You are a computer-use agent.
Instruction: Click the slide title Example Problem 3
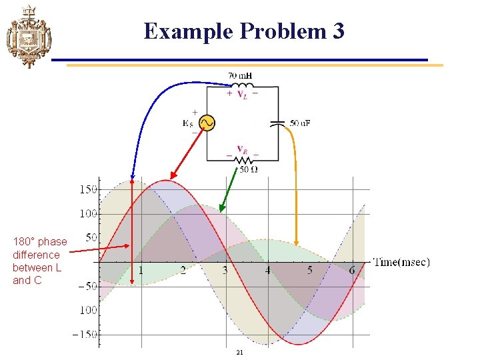pos(244,31)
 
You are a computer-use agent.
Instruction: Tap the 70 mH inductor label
pos(241,76)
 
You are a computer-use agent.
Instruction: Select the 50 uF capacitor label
pos(303,123)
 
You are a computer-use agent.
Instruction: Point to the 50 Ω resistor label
pos(248,169)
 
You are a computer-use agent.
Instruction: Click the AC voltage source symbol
pos(207,123)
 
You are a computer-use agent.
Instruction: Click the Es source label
pos(189,123)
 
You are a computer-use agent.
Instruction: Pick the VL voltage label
pos(241,94)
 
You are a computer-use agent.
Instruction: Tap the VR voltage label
pos(241,150)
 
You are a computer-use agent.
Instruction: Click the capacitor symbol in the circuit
pos(278,123)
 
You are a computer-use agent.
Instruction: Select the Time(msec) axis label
pos(401,262)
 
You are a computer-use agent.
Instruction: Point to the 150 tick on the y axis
pos(88,189)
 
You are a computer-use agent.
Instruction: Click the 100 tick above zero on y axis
pos(88,213)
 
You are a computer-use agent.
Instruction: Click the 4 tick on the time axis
pos(267,271)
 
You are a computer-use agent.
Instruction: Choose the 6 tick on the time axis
pos(351,271)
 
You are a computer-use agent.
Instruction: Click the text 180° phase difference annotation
pos(39,261)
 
